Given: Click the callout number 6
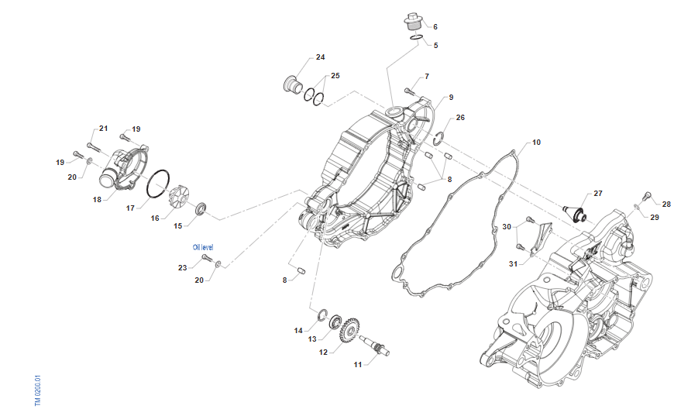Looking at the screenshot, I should (435, 26).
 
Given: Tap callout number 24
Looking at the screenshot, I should (320, 57).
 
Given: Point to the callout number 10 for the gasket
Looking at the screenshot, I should (536, 143).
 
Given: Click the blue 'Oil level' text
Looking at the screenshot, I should (203, 247).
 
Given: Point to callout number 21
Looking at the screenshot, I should (103, 129).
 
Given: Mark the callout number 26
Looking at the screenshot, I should (460, 118).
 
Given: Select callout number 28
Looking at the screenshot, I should (666, 205).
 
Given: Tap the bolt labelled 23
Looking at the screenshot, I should (206, 256).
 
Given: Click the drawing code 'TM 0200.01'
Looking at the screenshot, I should (37, 391).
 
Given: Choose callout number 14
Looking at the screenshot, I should (298, 331).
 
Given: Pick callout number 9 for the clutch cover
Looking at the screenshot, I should (450, 98).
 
